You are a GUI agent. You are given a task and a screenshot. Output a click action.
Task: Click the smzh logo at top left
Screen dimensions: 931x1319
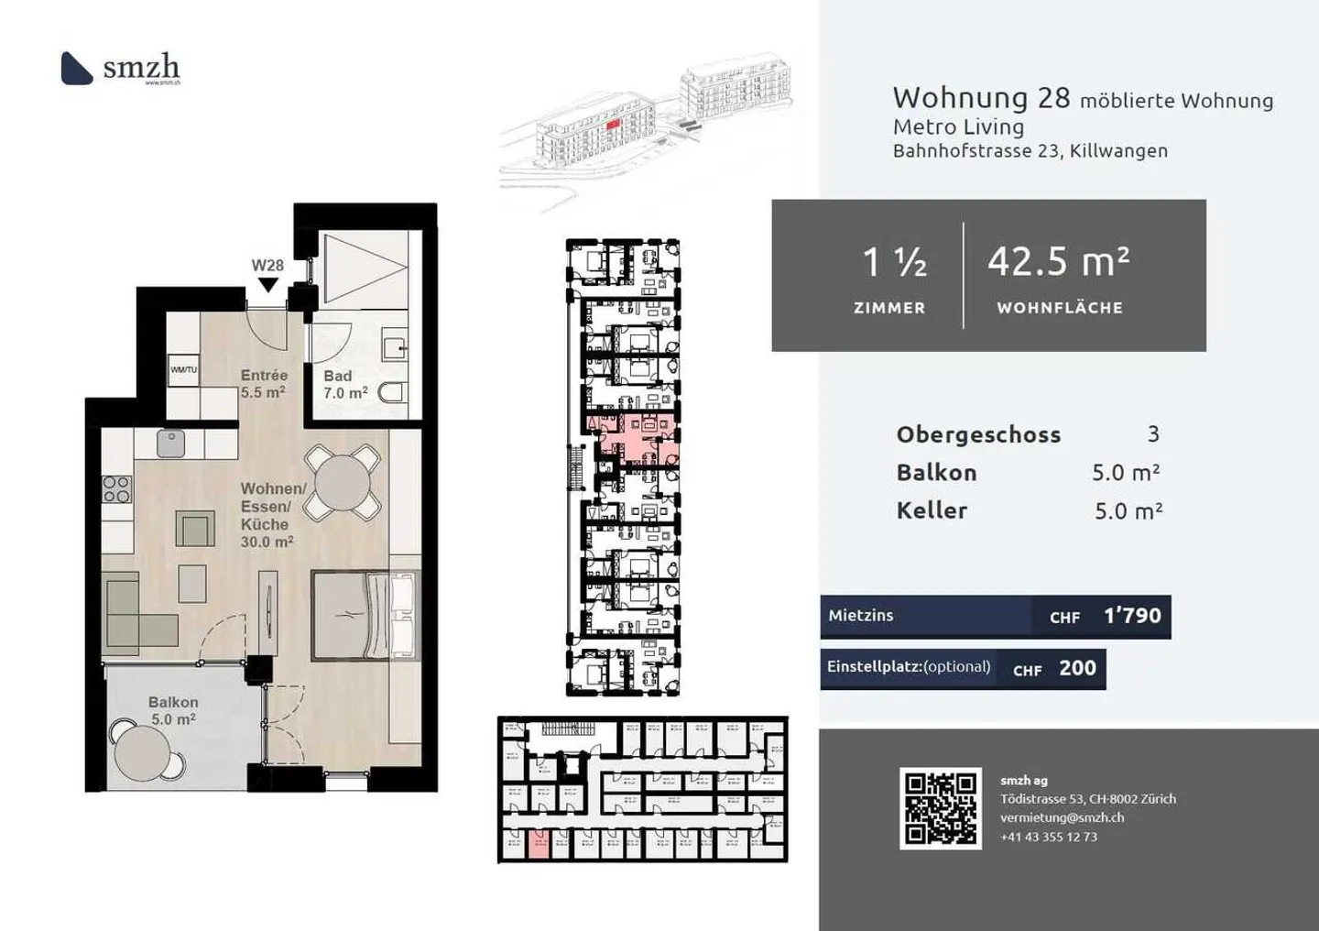pyautogui.click(x=120, y=69)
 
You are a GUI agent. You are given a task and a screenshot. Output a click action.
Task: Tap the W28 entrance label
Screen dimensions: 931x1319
pyautogui.click(x=267, y=266)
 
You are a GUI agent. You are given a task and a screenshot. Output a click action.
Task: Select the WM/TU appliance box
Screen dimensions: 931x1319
pyautogui.click(x=183, y=369)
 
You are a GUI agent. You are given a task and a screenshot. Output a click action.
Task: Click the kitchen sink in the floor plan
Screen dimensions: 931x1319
pyautogui.click(x=170, y=444)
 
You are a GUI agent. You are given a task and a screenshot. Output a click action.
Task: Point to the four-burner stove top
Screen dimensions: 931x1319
pyautogui.click(x=116, y=489)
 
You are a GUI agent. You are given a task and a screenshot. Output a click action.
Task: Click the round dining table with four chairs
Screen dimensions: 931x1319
pyautogui.click(x=343, y=482)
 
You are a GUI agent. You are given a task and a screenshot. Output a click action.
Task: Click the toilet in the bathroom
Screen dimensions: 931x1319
pyautogui.click(x=392, y=393)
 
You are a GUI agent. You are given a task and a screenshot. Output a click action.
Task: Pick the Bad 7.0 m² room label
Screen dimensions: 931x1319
pyautogui.click(x=345, y=384)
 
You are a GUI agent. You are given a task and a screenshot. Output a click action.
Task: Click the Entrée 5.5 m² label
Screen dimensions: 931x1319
pyautogui.click(x=264, y=383)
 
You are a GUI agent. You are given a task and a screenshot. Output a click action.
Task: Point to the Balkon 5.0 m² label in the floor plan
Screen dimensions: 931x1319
pyautogui.click(x=173, y=710)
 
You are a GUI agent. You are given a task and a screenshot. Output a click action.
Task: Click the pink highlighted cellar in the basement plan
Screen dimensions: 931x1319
pyautogui.click(x=539, y=845)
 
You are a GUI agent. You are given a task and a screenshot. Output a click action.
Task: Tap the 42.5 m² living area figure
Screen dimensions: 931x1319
pyautogui.click(x=1058, y=262)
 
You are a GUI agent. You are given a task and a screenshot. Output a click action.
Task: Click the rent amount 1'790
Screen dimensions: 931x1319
pyautogui.click(x=1132, y=616)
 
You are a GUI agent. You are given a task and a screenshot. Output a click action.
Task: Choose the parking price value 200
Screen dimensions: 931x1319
pyautogui.click(x=1077, y=669)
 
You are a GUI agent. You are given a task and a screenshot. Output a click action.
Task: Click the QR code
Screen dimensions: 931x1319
pyautogui.click(x=940, y=807)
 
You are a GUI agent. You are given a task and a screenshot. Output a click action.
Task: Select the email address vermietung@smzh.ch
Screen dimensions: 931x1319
pyautogui.click(x=1062, y=817)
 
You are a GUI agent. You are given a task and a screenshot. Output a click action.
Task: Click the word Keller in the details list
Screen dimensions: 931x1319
pyautogui.click(x=932, y=510)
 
